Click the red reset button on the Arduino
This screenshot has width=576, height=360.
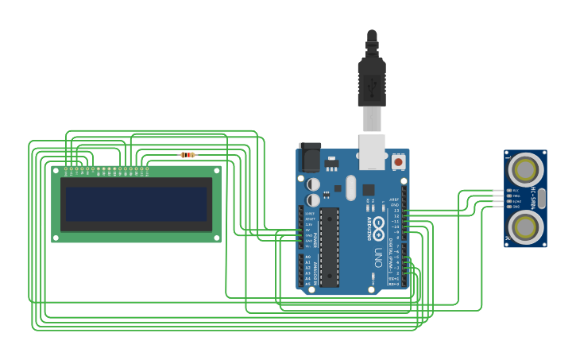pyautogui.click(x=398, y=162)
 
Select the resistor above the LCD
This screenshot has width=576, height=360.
pyautogui.click(x=188, y=155)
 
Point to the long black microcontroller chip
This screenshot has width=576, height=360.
pyautogui.click(x=330, y=246)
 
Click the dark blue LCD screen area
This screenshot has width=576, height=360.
pyautogui.click(x=137, y=204)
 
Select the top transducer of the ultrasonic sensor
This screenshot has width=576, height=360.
pyautogui.click(x=525, y=169)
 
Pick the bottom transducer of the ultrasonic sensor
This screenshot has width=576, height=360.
pyautogui.click(x=525, y=227)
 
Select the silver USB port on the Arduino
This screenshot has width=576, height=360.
pyautogui.click(x=372, y=152)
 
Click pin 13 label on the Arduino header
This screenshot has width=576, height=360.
pyautogui.click(x=395, y=211)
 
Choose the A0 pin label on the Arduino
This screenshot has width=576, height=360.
pyautogui.click(x=307, y=258)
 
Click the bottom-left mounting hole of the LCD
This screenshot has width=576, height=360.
pyautogui.click(x=56, y=237)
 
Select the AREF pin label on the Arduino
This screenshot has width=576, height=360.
pyautogui.click(x=394, y=200)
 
